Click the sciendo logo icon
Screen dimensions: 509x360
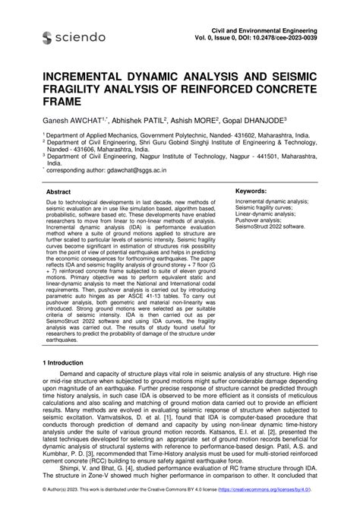pos(48,36)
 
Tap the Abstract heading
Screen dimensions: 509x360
pos(59,192)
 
